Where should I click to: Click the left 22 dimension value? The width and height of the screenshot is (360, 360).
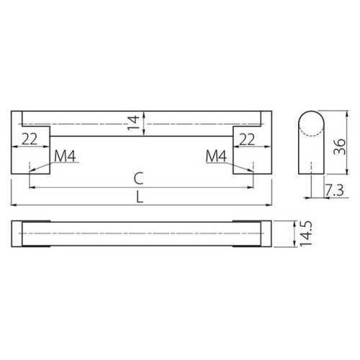(x=30, y=139)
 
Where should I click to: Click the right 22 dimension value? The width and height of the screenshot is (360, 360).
(x=246, y=139)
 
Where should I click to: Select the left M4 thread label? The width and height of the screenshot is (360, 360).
(x=66, y=156)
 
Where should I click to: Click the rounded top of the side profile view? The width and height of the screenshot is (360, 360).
(x=310, y=115)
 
